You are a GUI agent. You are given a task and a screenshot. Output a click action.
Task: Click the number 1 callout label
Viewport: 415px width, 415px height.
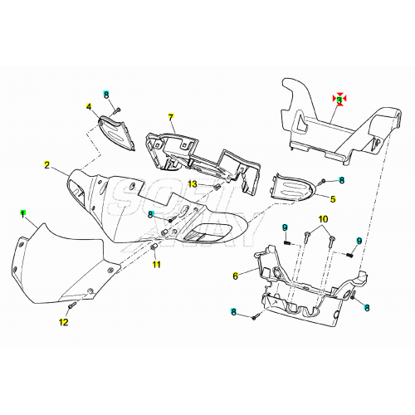pyautogui.click(x=24, y=213)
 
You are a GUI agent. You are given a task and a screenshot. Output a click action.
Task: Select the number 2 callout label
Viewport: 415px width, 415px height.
pyautogui.click(x=47, y=164)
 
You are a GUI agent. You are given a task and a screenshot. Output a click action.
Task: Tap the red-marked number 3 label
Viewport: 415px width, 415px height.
pyautogui.click(x=339, y=98)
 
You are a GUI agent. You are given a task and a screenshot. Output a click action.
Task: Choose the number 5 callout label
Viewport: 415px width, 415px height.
pyautogui.click(x=333, y=199)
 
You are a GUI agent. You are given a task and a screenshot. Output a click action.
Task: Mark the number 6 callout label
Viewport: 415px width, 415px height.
pyautogui.click(x=236, y=276)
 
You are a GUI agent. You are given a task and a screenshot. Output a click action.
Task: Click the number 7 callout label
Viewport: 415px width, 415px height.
pyautogui.click(x=171, y=116)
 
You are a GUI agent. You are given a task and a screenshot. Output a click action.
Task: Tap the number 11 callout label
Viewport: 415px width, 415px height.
pyautogui.click(x=154, y=266)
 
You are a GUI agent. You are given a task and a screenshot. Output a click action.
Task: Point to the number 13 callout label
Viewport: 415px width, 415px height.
pyautogui.click(x=191, y=183)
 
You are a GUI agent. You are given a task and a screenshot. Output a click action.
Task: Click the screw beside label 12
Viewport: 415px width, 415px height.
pyautogui.click(x=72, y=306)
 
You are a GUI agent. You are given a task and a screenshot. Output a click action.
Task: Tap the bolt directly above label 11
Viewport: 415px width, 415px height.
pyautogui.click(x=154, y=247)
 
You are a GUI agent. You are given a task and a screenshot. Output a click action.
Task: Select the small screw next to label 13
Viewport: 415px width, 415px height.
pyautogui.click(x=217, y=188)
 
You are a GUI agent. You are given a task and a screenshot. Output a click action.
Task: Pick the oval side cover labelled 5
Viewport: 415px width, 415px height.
pyautogui.click(x=295, y=187)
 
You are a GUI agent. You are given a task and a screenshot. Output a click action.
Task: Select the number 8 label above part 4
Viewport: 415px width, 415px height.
pyautogui.click(x=106, y=95)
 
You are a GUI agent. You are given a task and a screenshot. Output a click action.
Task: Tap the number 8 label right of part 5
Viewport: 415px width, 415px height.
pyautogui.click(x=341, y=179)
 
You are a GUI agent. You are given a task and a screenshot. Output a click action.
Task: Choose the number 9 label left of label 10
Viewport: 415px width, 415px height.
pyautogui.click(x=285, y=228)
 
